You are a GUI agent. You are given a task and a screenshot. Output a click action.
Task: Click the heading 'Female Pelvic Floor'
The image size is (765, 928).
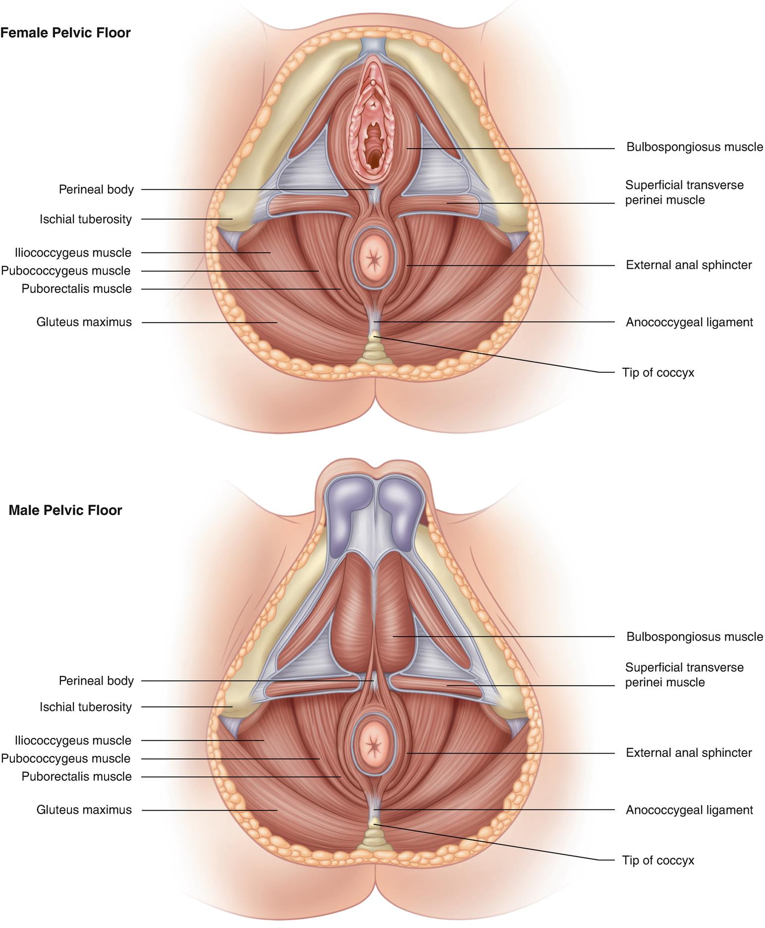click(65, 33)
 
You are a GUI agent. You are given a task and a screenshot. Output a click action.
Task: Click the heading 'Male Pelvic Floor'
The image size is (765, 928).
click(65, 510)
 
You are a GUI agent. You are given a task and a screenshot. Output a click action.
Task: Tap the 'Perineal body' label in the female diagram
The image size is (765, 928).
click(96, 189)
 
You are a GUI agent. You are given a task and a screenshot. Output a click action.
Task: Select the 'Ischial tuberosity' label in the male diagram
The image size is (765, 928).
click(86, 707)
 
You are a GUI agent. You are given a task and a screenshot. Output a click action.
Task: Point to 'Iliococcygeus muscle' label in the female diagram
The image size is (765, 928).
click(73, 253)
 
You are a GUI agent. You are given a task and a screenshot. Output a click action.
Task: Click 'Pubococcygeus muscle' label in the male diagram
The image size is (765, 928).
click(66, 758)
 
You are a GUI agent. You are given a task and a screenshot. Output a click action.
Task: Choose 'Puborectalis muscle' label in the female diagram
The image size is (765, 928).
click(77, 289)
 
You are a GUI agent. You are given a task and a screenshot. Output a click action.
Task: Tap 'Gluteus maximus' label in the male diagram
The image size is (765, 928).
click(84, 810)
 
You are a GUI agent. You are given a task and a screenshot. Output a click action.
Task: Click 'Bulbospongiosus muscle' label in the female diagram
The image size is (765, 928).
click(695, 147)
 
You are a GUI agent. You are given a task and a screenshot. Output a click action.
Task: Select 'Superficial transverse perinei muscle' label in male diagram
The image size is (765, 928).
click(684, 675)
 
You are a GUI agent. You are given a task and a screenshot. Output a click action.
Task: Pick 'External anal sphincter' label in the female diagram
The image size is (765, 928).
click(689, 265)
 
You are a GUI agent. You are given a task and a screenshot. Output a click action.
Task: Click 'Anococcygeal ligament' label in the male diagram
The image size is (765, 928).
click(689, 810)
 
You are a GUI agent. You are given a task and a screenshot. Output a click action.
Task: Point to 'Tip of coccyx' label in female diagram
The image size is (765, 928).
click(658, 373)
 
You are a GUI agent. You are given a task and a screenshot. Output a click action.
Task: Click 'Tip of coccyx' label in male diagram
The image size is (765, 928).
click(658, 861)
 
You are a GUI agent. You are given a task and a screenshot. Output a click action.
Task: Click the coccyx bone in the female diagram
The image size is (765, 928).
click(375, 352)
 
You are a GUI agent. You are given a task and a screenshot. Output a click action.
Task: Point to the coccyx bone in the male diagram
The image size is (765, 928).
click(375, 840)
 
